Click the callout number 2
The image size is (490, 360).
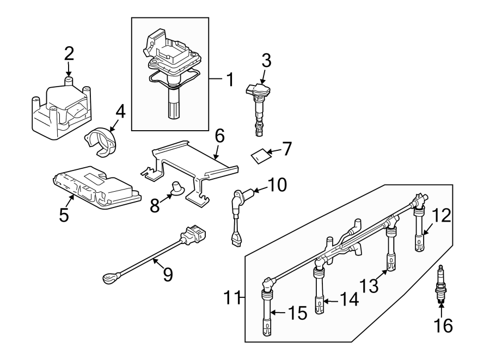point(69,53)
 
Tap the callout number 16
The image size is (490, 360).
point(443,326)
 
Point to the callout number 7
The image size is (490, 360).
point(286,149)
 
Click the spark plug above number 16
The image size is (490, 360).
point(440,284)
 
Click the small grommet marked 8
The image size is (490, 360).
point(177,187)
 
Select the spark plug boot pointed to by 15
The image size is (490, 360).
point(267,307)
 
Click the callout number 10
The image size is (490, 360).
point(277,185)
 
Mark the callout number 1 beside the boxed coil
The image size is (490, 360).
point(230,80)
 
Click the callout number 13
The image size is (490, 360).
point(369,285)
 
